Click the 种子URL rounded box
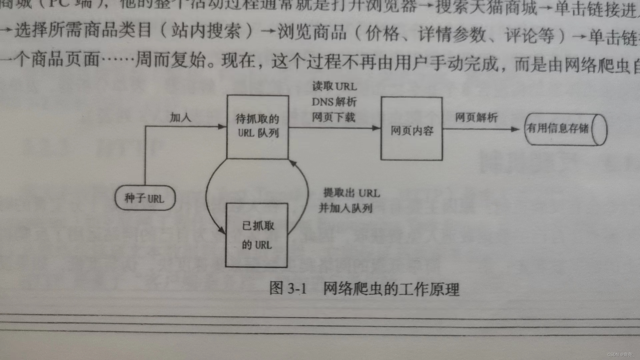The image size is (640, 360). pos(145,198)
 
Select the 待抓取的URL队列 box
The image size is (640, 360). pos(257,127)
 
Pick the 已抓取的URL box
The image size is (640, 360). pos(257,235)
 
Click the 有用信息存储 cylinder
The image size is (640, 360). pos(565,129)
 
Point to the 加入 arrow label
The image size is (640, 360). pos(180,117)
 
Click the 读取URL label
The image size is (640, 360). pos(334,86)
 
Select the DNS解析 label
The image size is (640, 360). pos(334,102)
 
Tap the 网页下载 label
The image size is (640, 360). pos(333,117)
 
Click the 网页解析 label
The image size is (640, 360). pos(476,117)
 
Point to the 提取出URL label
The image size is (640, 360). pos(351,193)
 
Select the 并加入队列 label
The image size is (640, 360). pos(345,208)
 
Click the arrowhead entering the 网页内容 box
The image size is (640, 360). pos(377,128)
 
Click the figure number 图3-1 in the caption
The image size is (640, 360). pos(288,288)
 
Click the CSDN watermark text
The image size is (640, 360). pos(620,355)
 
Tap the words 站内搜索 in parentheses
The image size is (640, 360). pos(206,31)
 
